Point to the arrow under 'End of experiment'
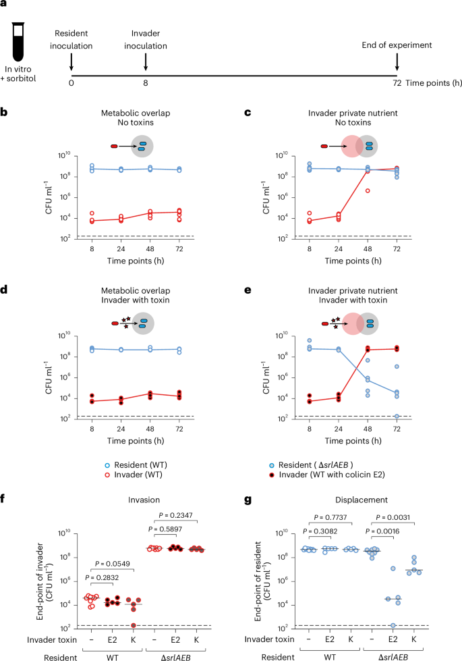pos(397,61)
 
